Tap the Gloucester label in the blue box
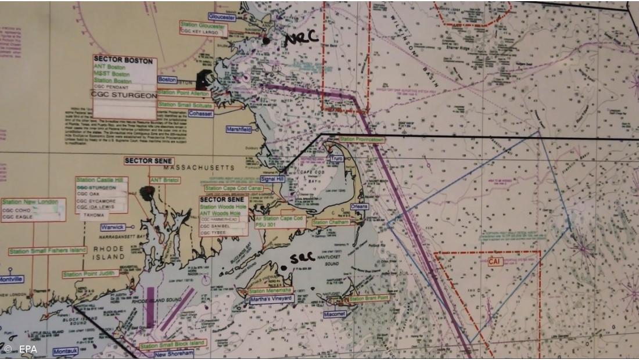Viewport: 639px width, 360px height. [221, 17]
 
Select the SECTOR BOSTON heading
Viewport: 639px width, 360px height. [123, 60]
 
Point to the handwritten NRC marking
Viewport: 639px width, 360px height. [301, 38]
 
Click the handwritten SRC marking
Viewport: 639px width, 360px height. [302, 258]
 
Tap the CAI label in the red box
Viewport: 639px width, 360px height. [494, 262]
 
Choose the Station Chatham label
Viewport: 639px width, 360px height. [331, 222]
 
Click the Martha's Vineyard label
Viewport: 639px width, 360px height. [271, 299]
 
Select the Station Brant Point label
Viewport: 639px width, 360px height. [368, 298]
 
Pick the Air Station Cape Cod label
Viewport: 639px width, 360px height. [279, 219]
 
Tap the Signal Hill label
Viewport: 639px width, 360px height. [272, 179]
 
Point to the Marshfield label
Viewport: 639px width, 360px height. [239, 129]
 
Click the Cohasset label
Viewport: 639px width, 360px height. [200, 114]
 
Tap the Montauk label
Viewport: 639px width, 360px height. [65, 351]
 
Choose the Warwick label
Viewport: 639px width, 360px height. [113, 227]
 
